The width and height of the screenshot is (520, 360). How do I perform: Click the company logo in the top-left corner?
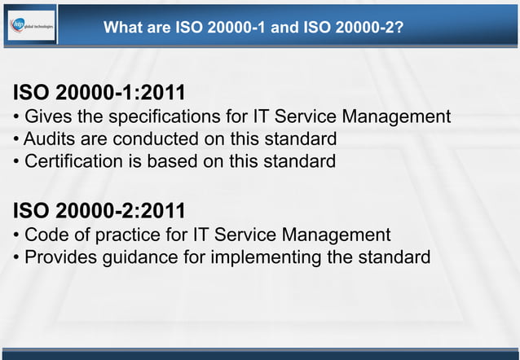tap(32, 26)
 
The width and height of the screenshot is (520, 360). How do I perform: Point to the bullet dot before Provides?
tap(17, 260)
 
